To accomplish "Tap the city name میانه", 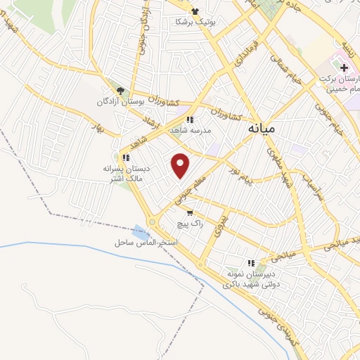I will coord(262,129).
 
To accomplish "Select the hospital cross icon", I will coord(344,69).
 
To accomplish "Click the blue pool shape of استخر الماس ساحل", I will coord(139,231).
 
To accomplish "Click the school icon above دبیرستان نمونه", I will coord(250,262).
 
